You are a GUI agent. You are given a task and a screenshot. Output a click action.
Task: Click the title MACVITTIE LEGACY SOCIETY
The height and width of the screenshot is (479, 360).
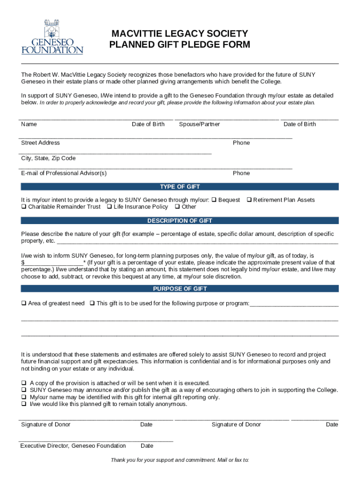click(180, 34)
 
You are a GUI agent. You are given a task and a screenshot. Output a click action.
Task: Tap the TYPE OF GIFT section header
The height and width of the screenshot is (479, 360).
click(180, 187)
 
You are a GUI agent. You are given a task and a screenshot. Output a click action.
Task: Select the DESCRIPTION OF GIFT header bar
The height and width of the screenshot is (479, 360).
click(180, 221)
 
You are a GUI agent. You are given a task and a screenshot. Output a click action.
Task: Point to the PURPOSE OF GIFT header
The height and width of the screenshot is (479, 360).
click(180, 289)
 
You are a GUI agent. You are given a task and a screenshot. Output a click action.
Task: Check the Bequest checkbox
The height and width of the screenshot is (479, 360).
click(214, 200)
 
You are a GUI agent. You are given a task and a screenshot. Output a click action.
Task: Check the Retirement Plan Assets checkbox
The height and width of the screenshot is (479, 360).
click(249, 200)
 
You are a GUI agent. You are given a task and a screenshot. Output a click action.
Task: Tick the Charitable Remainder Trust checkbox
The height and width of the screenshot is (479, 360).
click(23, 207)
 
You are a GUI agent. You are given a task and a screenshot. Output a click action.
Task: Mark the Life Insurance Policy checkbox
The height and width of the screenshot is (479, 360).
click(109, 207)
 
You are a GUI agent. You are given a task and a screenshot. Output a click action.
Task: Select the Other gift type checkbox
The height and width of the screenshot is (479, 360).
click(177, 207)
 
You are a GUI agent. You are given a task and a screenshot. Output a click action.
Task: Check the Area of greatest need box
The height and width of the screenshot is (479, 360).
click(23, 304)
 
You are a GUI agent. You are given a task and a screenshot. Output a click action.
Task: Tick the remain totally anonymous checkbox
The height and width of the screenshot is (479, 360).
click(23, 404)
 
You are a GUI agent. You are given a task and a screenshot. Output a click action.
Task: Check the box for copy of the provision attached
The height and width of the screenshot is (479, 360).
click(23, 383)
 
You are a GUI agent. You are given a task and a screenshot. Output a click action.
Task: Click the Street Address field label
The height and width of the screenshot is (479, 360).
click(40, 143)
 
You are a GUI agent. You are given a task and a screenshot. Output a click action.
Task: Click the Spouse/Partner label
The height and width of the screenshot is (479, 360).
click(199, 124)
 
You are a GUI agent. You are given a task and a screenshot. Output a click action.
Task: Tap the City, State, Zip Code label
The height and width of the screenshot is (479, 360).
click(48, 158)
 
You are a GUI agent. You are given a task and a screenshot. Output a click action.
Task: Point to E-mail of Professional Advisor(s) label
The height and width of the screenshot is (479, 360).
click(64, 173)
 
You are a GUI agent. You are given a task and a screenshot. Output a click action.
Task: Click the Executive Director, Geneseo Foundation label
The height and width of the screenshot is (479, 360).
click(73, 446)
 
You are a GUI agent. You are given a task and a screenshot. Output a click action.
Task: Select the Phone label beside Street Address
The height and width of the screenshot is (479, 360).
click(241, 143)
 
